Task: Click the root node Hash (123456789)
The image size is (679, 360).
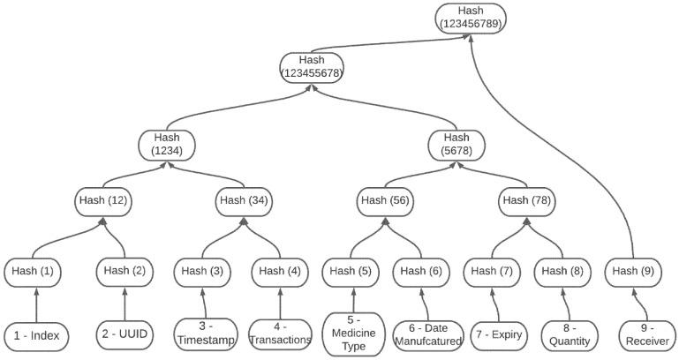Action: click(x=471, y=18)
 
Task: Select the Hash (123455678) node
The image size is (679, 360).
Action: click(x=312, y=66)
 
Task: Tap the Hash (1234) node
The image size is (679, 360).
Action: click(x=167, y=144)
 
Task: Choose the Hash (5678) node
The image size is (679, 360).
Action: click(x=456, y=144)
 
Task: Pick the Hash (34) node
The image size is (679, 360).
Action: click(x=244, y=200)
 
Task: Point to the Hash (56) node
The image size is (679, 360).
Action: click(x=385, y=200)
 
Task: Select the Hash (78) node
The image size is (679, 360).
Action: click(x=527, y=200)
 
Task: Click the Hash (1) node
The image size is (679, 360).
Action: click(x=32, y=271)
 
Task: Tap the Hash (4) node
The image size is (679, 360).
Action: click(x=279, y=271)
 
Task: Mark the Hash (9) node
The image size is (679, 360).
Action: click(x=633, y=271)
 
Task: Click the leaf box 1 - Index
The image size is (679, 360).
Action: click(x=37, y=335)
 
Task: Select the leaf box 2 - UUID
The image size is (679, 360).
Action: click(x=123, y=335)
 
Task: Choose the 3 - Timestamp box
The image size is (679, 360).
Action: click(x=206, y=334)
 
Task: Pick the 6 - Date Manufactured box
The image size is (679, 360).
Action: click(x=429, y=334)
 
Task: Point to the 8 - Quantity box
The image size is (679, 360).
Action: click(x=568, y=335)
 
